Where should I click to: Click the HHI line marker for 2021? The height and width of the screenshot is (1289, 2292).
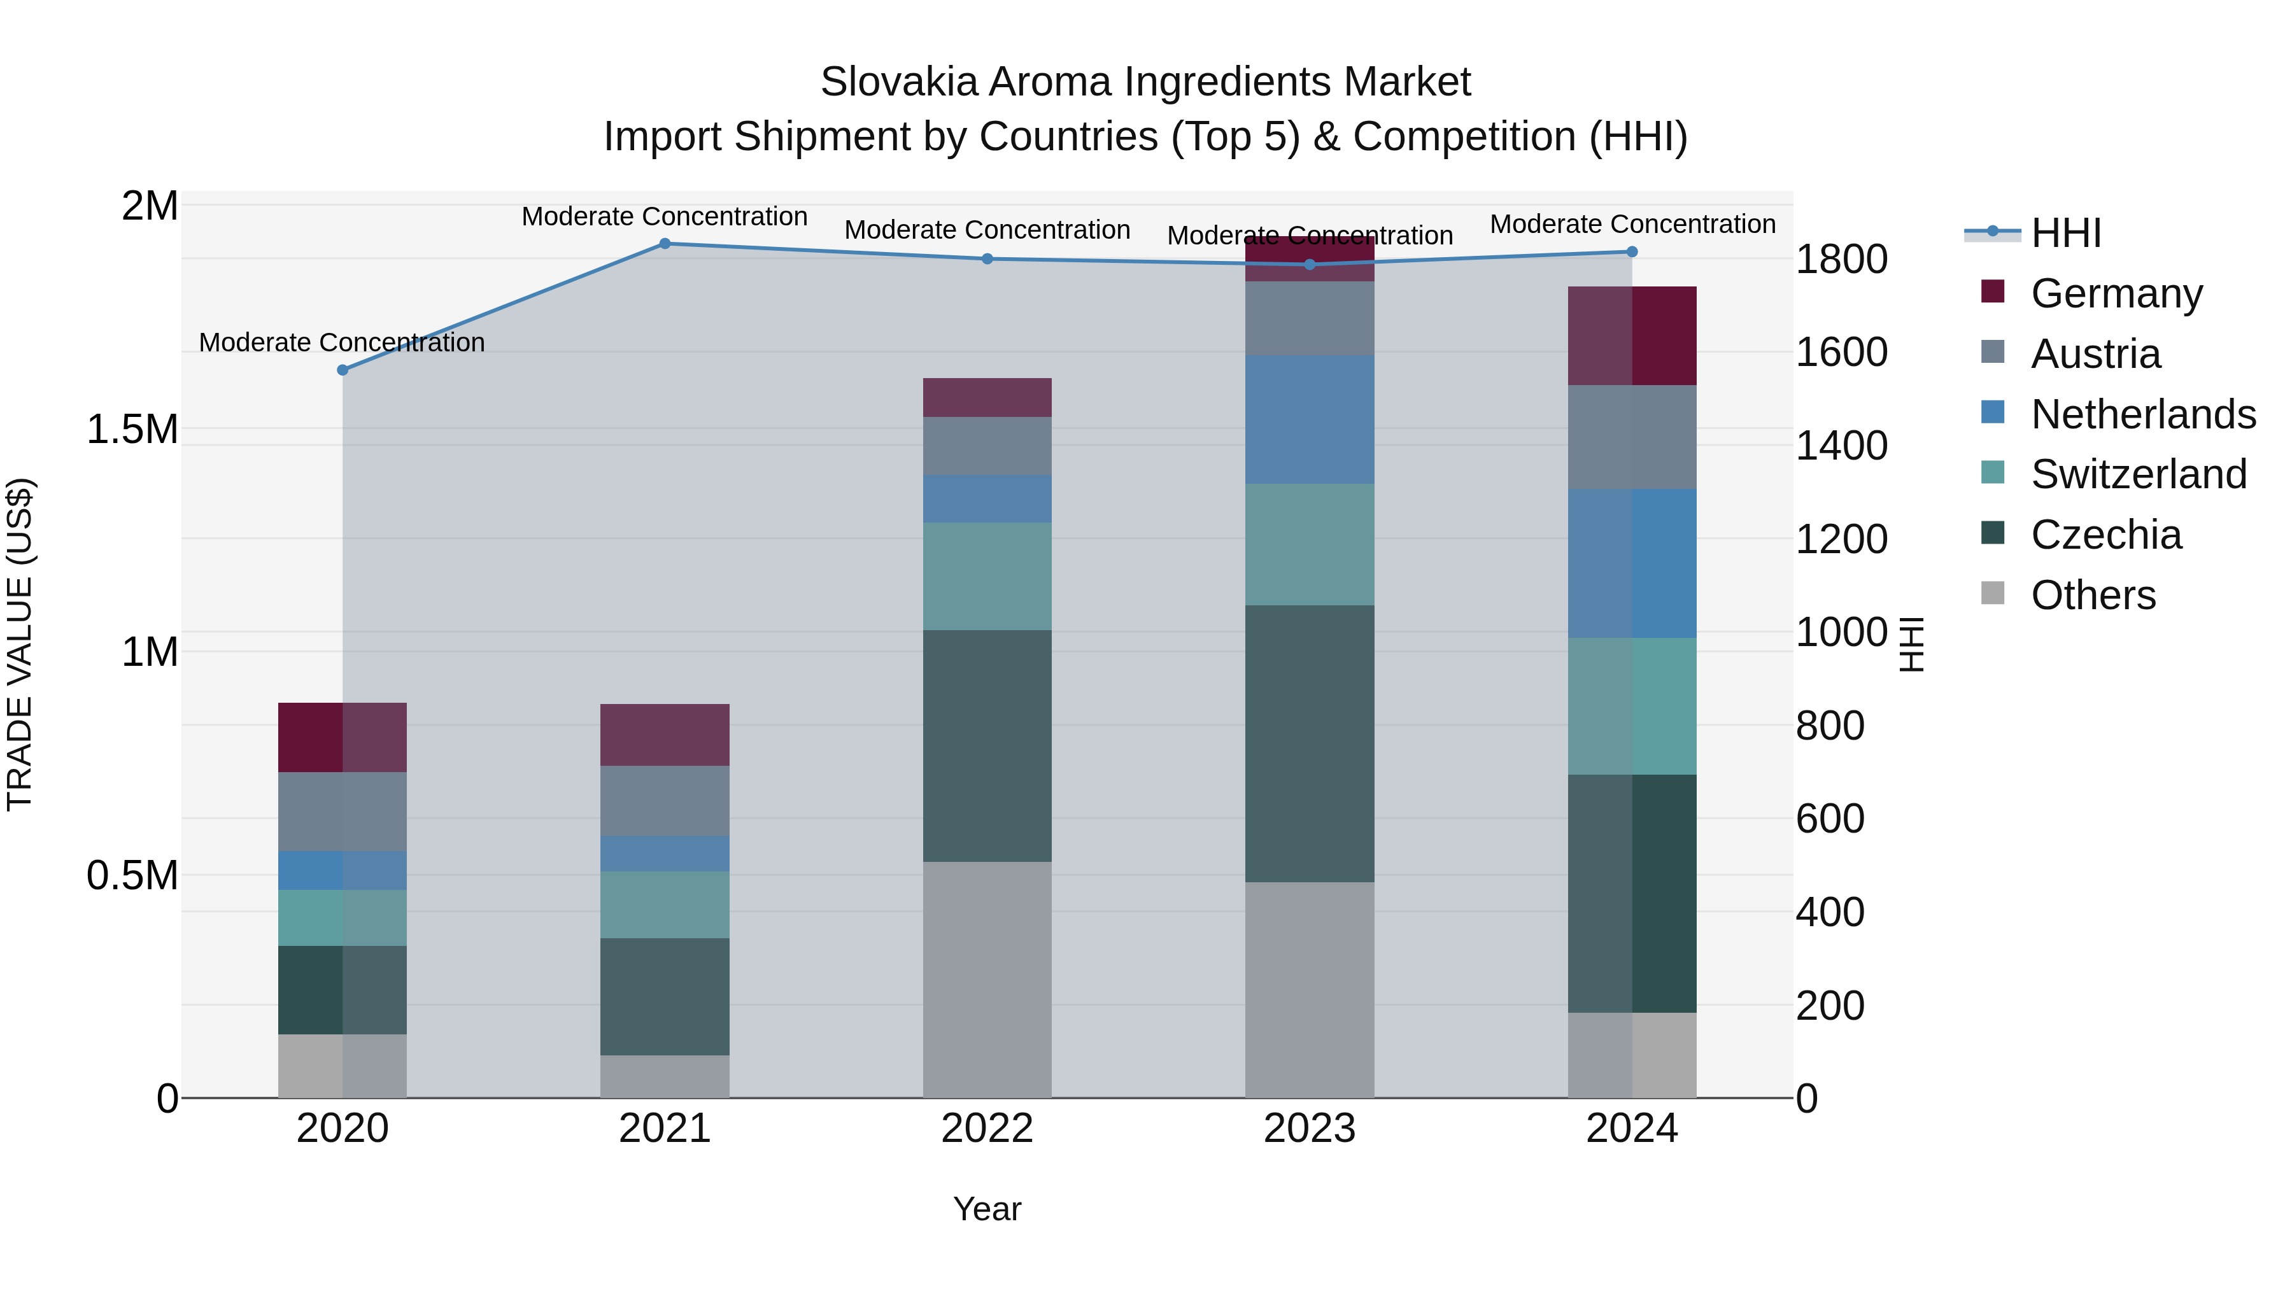(x=665, y=244)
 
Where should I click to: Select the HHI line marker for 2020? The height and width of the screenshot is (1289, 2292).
(x=343, y=370)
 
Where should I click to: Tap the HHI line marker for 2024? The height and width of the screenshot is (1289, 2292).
(x=1632, y=251)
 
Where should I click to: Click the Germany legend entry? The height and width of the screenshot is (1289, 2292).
(x=2116, y=293)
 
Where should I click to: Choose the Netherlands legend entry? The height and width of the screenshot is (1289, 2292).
(x=2142, y=414)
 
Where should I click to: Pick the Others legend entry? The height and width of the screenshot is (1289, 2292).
(x=2093, y=595)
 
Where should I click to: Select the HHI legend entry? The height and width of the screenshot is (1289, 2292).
(x=2065, y=233)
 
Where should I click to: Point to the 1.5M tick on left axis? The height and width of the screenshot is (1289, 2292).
(x=132, y=430)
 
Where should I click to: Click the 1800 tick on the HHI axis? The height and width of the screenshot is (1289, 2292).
(x=1841, y=260)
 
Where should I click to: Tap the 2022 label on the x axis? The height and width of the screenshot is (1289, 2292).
(x=987, y=1129)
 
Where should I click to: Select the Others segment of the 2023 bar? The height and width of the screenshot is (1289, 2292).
(x=1309, y=989)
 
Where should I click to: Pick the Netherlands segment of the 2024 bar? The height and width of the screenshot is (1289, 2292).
(x=1632, y=563)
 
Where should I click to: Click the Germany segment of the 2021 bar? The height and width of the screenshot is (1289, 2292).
(x=665, y=735)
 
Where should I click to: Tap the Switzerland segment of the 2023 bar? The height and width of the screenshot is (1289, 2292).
(x=1309, y=544)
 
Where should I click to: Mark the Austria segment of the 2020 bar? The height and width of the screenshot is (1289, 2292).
(x=343, y=812)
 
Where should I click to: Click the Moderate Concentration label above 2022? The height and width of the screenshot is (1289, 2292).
(x=987, y=230)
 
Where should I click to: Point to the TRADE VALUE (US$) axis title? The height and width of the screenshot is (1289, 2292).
(x=20, y=644)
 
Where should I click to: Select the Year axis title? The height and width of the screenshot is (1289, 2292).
(x=987, y=1209)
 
